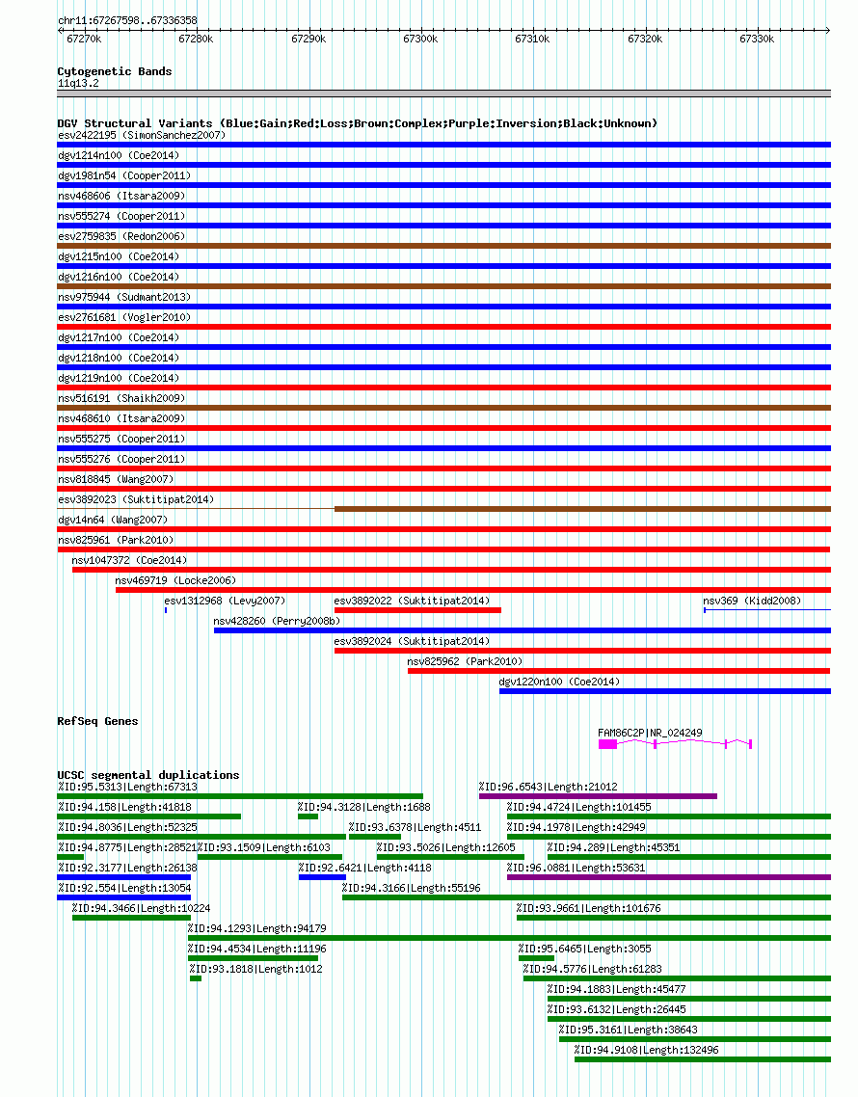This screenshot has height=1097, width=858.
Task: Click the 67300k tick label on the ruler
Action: tap(420, 40)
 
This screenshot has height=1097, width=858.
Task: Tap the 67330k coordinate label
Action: tap(757, 40)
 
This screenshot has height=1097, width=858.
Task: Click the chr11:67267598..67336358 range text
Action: tap(127, 21)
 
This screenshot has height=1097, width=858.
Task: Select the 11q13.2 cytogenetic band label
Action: tap(78, 83)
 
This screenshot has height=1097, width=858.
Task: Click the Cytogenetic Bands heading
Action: tap(115, 71)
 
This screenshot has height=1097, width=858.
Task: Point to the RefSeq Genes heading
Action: tap(98, 721)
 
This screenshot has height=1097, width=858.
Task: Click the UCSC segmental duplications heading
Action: tap(148, 775)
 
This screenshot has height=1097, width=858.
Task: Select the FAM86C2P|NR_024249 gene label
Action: tap(650, 734)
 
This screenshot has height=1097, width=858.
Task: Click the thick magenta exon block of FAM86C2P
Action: tap(607, 743)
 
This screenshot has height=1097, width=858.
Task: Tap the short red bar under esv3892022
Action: tap(417, 611)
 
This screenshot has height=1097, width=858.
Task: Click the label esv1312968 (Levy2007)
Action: tap(225, 601)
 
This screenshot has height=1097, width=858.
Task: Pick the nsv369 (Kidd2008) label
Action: tap(752, 601)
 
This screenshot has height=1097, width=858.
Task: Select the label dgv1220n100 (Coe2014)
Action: tap(559, 682)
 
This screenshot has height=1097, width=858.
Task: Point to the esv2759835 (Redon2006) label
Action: tap(121, 236)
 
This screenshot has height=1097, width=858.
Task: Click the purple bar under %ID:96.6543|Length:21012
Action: tap(599, 796)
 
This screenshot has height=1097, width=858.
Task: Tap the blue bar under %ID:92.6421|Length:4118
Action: tap(323, 877)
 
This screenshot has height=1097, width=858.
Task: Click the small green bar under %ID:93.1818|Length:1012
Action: tap(196, 978)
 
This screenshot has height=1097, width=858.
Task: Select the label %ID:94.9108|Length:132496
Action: tap(647, 1050)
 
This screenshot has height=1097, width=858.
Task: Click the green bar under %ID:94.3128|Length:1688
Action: tap(308, 816)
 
